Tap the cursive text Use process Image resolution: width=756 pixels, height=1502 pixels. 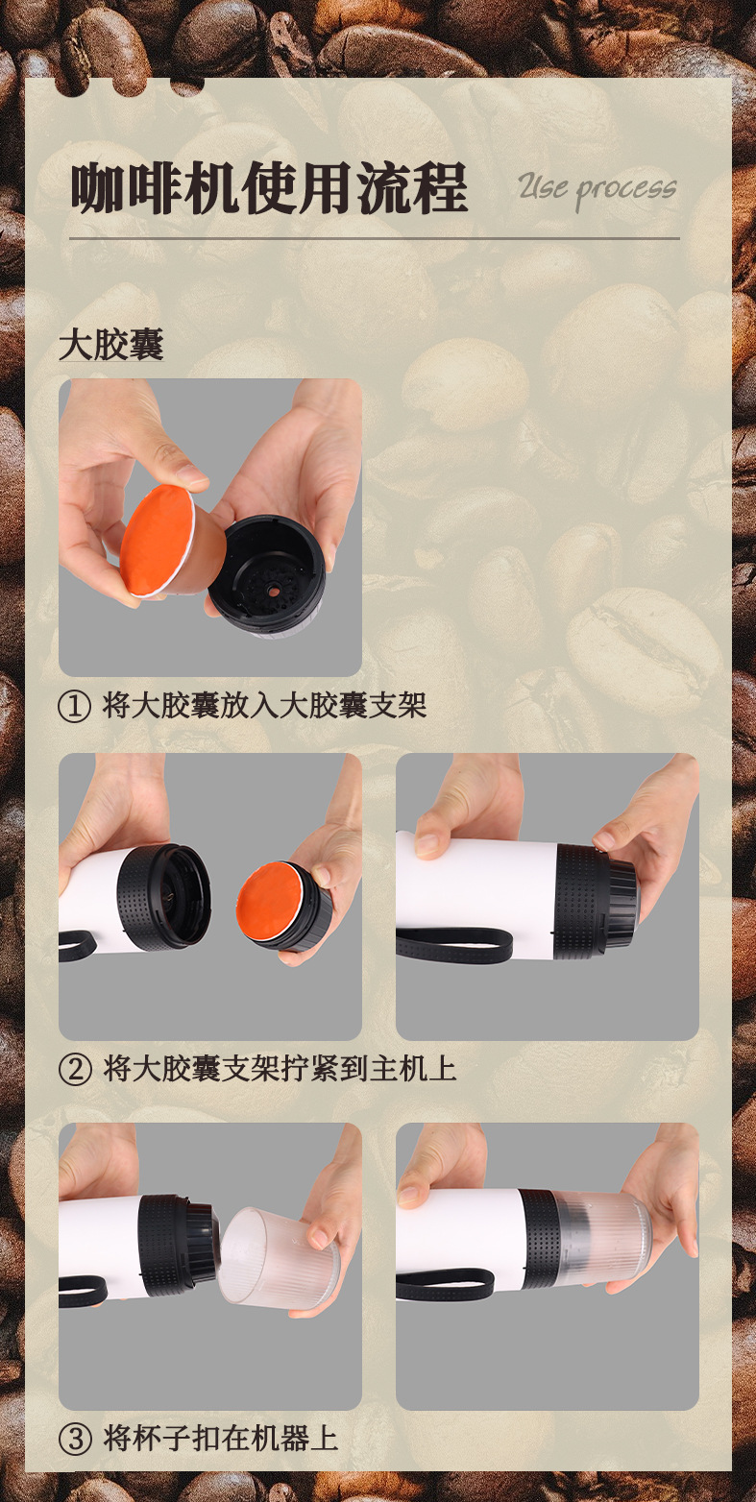pos(597,189)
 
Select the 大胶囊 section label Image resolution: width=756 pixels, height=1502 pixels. pos(111,346)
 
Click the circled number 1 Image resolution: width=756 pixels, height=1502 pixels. pos(75,706)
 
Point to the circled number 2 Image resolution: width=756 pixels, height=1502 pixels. pos(75,1070)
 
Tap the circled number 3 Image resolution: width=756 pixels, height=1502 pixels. pos(75,1440)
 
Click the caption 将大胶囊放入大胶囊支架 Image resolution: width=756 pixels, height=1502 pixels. pos(264,706)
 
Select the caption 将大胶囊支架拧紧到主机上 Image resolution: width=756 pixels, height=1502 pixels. pos(280,1069)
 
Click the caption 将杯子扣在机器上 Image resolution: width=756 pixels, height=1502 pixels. pos(221,1439)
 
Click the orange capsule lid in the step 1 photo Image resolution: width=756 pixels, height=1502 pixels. pos(156,540)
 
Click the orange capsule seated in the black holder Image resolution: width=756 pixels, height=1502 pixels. pos(267,902)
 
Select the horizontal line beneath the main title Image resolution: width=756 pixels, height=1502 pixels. pos(375,238)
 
